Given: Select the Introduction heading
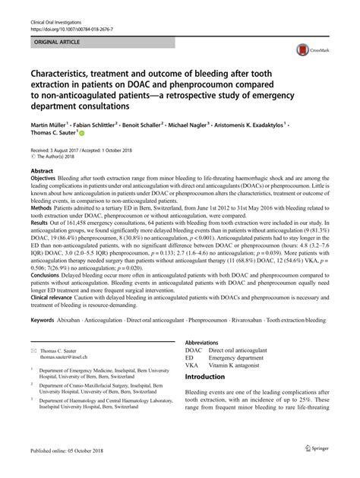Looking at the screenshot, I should [210, 398].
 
